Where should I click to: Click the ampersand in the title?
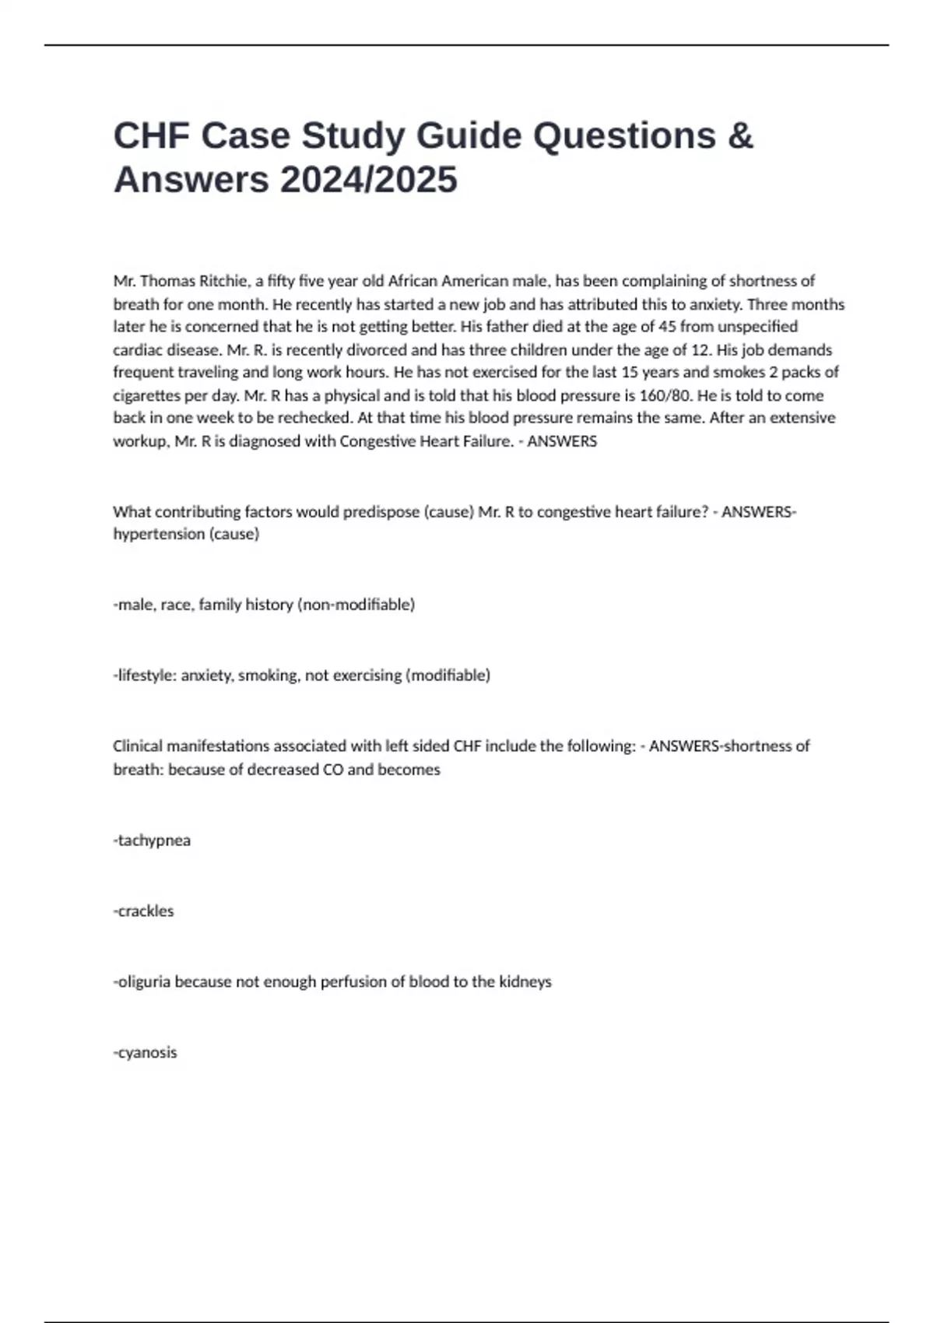(741, 135)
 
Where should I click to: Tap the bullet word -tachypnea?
(152, 840)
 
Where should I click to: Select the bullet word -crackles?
(144, 911)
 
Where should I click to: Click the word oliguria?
(144, 982)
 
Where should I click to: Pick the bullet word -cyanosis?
(146, 1053)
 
